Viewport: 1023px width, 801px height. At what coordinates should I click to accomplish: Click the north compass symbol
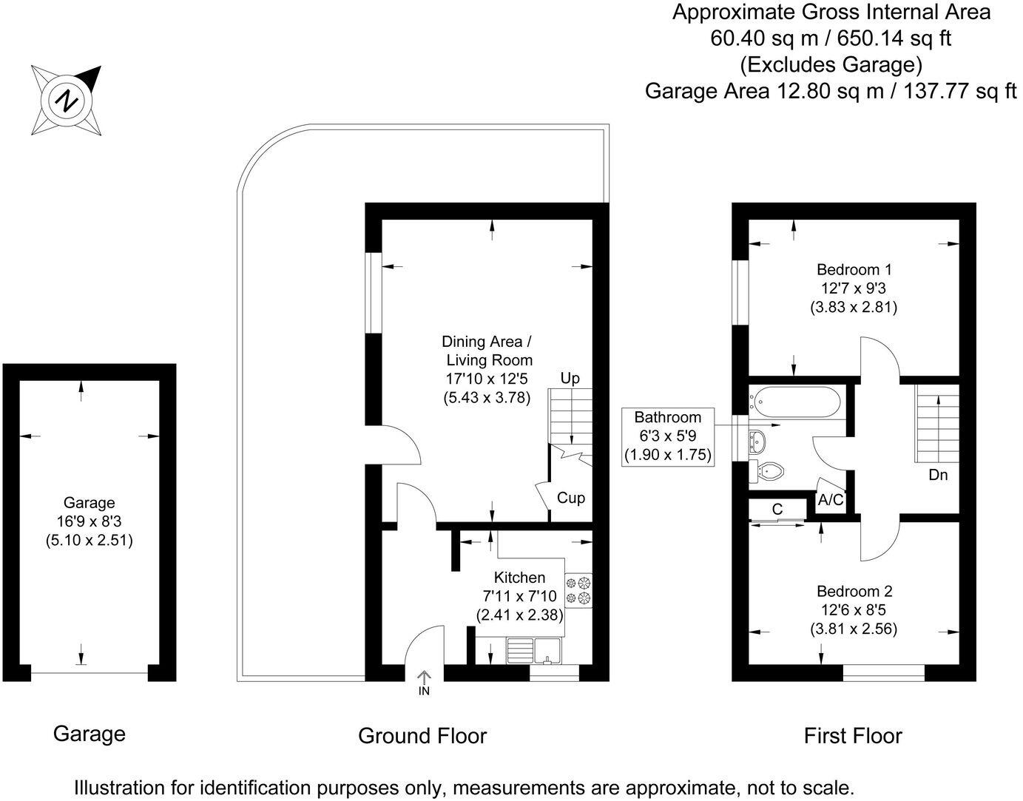[67, 100]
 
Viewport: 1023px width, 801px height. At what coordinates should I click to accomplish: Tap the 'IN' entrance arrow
[424, 682]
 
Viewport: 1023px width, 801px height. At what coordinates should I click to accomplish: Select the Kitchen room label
[519, 578]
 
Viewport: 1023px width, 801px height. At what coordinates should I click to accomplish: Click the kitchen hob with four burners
[578, 590]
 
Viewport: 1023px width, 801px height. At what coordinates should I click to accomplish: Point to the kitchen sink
[533, 649]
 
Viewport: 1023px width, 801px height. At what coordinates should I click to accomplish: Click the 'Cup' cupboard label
[570, 498]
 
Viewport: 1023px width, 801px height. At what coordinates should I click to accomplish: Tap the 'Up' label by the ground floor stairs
[570, 379]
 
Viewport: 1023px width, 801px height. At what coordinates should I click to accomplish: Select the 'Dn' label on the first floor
[938, 475]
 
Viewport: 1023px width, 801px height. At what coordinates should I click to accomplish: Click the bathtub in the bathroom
[796, 403]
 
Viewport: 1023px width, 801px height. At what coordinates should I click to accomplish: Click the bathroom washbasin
[758, 441]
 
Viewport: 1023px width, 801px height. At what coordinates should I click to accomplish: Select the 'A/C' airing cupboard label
[831, 500]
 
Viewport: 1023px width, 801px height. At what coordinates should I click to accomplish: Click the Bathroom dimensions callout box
[668, 436]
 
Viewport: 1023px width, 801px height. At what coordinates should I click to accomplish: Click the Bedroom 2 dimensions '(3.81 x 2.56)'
[854, 629]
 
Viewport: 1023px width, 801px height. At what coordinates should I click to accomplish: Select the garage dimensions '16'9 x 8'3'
[89, 522]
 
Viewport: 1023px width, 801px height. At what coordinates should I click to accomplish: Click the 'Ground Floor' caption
[422, 736]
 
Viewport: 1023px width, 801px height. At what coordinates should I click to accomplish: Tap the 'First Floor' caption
[853, 736]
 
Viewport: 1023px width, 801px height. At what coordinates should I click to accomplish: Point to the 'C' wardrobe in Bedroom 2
[777, 510]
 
